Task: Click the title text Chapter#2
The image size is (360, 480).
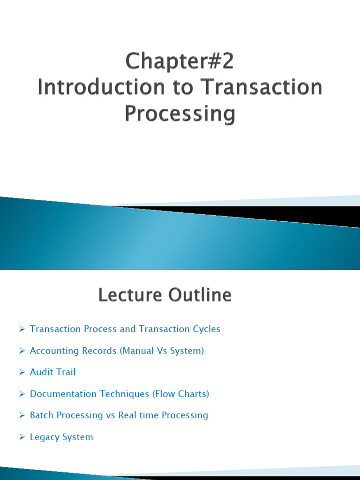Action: pos(180,62)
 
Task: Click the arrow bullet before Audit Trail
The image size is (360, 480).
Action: pos(22,372)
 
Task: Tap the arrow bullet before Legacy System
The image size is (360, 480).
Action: pos(22,437)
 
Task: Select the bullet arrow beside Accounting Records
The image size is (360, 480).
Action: pos(22,351)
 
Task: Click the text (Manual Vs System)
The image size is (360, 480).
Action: pos(162,351)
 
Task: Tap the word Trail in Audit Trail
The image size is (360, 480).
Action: pos(66,372)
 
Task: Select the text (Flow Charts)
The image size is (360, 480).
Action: pos(180,394)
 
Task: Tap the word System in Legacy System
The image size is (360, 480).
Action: pos(79,437)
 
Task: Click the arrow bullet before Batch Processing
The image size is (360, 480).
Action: pos(22,415)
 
